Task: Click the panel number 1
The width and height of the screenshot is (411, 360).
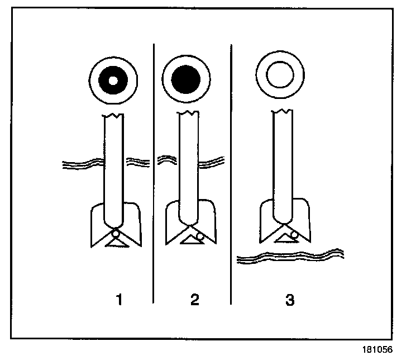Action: [x=118, y=300]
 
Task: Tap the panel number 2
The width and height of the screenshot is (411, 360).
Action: [x=194, y=300]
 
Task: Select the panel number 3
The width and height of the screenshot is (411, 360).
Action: [x=289, y=300]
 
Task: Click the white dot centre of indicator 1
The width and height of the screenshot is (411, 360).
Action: [x=113, y=80]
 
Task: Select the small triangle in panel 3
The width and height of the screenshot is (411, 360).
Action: [x=283, y=239]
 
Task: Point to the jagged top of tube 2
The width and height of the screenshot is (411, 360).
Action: [x=188, y=114]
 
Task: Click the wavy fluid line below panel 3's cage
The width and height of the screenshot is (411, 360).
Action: [x=290, y=258]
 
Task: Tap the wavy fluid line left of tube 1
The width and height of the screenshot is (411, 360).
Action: [x=83, y=164]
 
